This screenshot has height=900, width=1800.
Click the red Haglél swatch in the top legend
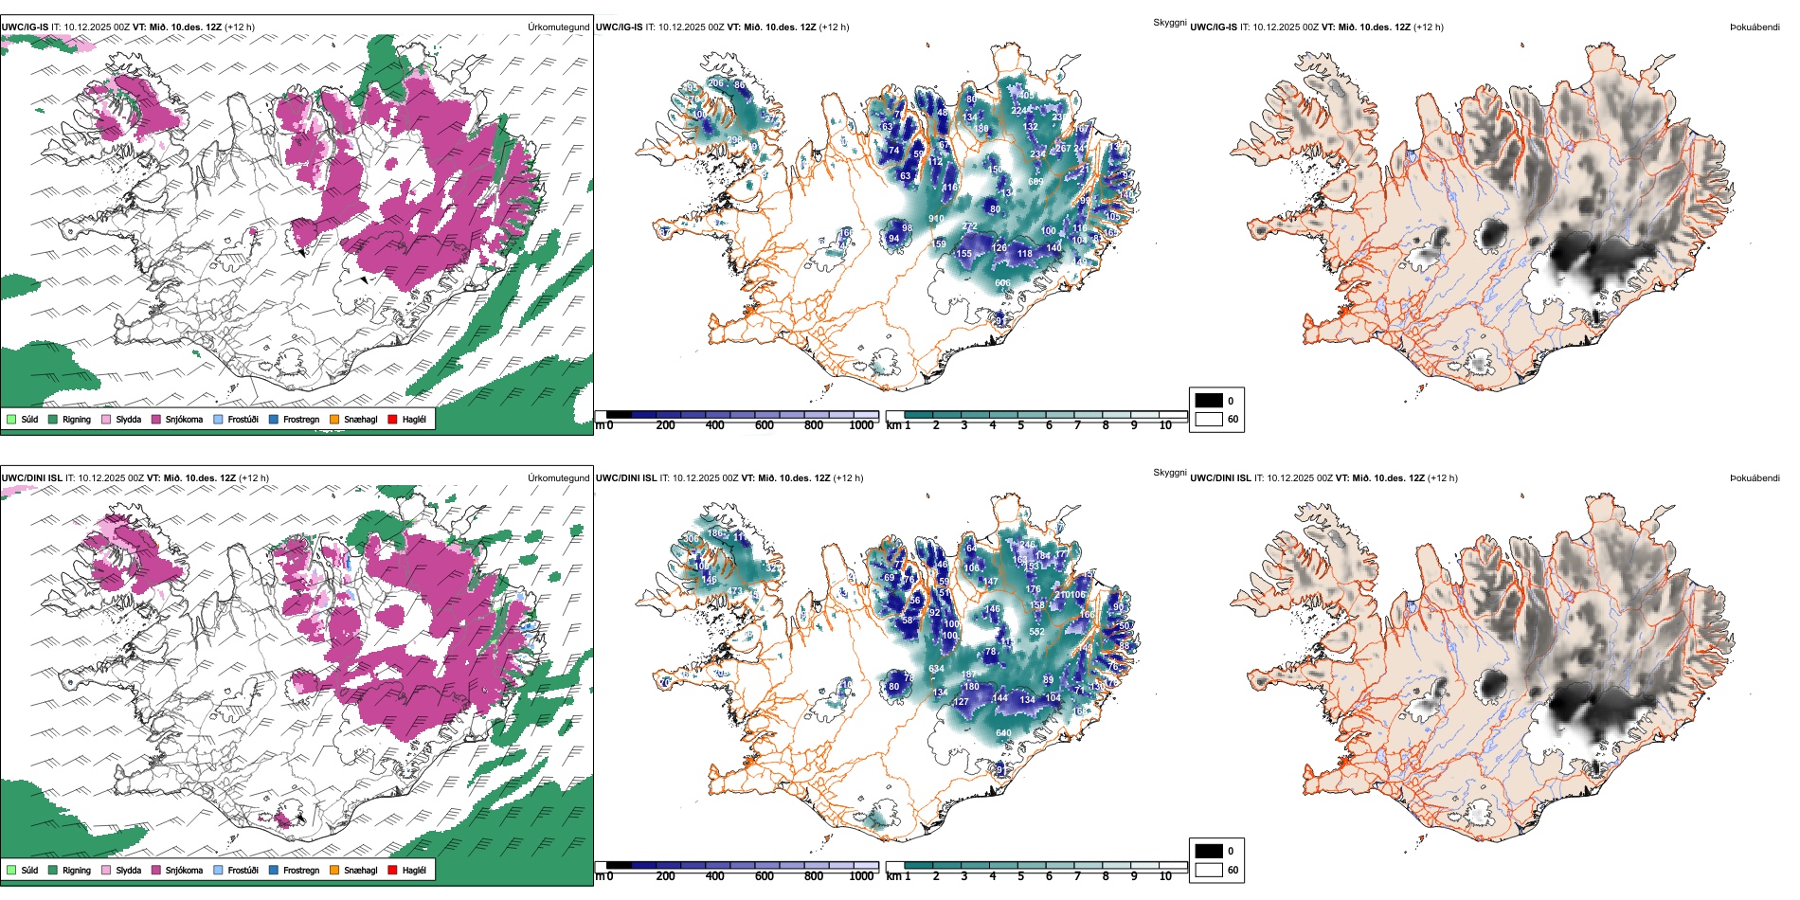coord(392,419)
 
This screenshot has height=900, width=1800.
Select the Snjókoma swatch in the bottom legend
coord(156,870)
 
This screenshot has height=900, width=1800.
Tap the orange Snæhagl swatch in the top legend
coord(334,419)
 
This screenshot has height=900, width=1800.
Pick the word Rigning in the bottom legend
coord(77,871)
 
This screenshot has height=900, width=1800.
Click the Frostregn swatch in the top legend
coord(274,419)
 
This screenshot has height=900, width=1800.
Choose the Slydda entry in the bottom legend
coord(129,871)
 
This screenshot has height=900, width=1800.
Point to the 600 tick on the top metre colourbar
coord(765,425)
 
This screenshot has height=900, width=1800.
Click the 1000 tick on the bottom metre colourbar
coord(861,876)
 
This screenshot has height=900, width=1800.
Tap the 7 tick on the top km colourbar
coord(1077,425)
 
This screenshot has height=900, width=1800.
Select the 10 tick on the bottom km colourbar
coord(1165,876)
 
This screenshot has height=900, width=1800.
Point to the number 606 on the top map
coord(1002,283)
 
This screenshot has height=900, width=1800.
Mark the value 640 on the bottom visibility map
coord(1003,733)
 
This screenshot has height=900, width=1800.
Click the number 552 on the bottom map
coord(1036,632)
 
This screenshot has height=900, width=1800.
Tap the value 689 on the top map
coord(1035,182)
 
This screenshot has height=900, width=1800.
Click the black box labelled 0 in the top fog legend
coord(1209,401)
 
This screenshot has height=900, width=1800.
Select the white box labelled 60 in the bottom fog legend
coord(1209,870)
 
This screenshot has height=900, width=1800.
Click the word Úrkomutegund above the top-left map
coord(558,27)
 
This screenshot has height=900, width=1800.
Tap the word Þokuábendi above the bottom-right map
coord(1755,478)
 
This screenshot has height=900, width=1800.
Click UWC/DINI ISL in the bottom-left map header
coord(32,478)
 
